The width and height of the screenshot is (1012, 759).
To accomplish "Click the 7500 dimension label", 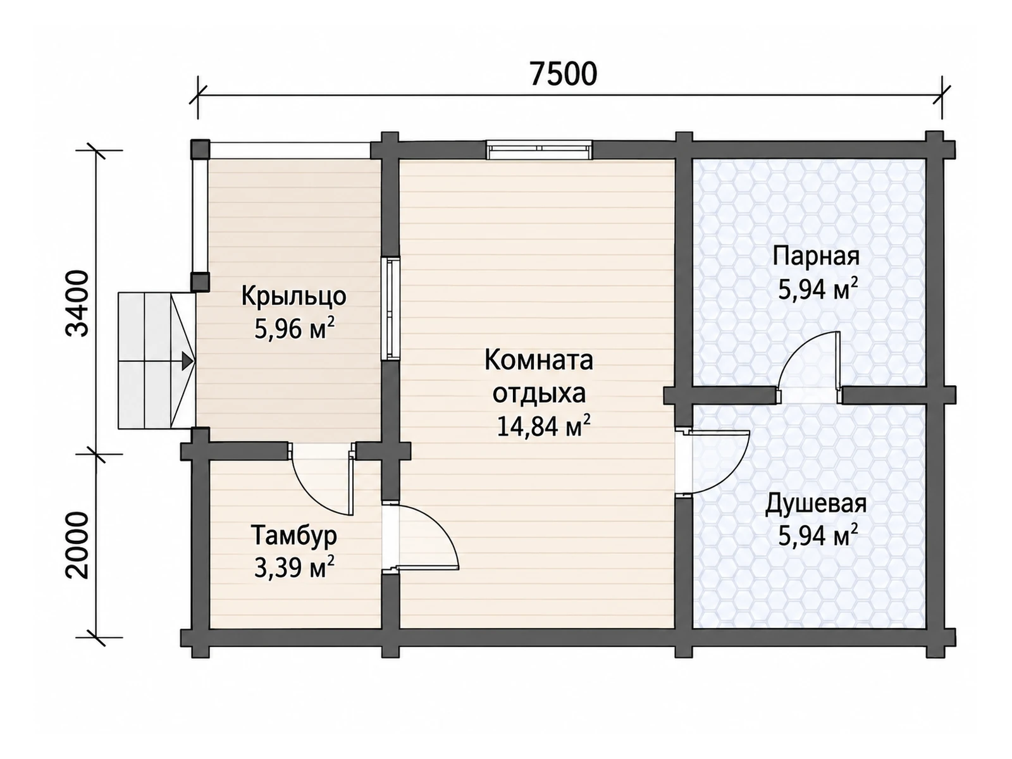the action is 563,74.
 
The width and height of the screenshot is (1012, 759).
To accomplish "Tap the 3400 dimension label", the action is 77,303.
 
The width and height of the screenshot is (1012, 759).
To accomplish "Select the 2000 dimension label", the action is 77,545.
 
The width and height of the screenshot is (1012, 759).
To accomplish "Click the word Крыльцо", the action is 293,296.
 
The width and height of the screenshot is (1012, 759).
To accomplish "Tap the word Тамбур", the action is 294,536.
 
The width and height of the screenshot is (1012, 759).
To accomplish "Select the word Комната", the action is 538,360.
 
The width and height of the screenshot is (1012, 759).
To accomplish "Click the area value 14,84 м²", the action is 543,426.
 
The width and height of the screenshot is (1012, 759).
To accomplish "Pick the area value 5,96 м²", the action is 294,328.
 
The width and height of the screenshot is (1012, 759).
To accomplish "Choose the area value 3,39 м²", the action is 294,568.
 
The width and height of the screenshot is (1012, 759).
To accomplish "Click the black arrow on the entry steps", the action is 186,361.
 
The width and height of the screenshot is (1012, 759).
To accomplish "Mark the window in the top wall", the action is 540,151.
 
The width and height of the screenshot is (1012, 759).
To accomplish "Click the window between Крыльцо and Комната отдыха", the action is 390,308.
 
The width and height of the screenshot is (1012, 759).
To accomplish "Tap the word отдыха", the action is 539,393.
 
